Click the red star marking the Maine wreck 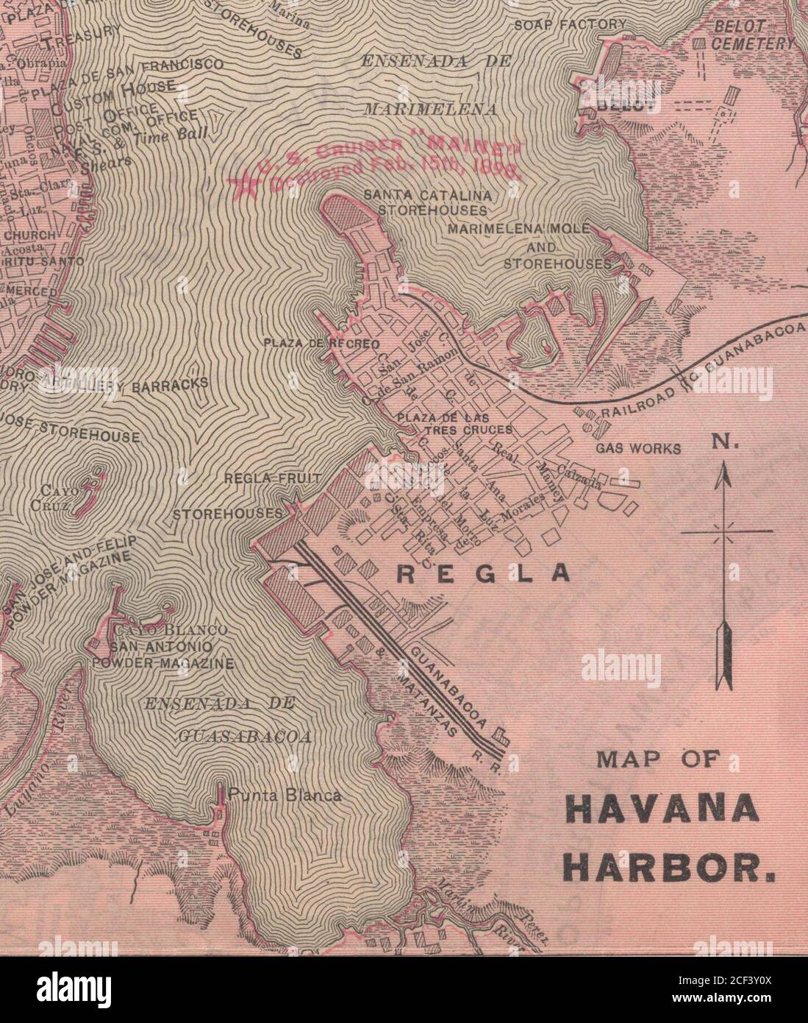point(243,185)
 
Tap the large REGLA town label point(483,574)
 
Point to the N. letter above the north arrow point(721,444)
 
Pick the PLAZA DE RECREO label point(321,344)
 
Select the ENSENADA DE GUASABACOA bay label point(221,719)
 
